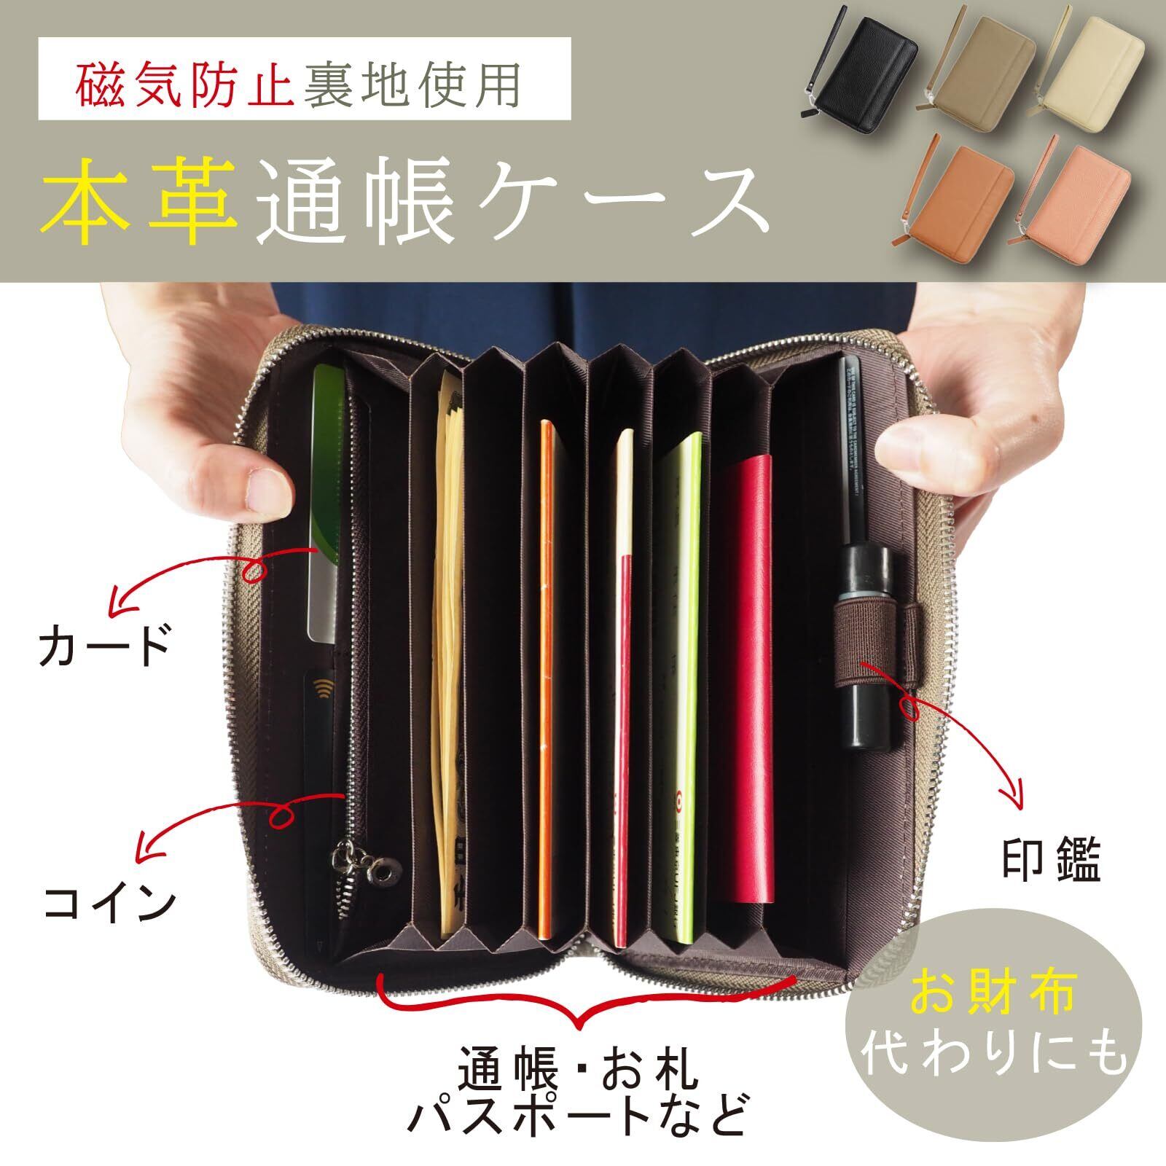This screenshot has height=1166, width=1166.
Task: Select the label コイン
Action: point(109,904)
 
